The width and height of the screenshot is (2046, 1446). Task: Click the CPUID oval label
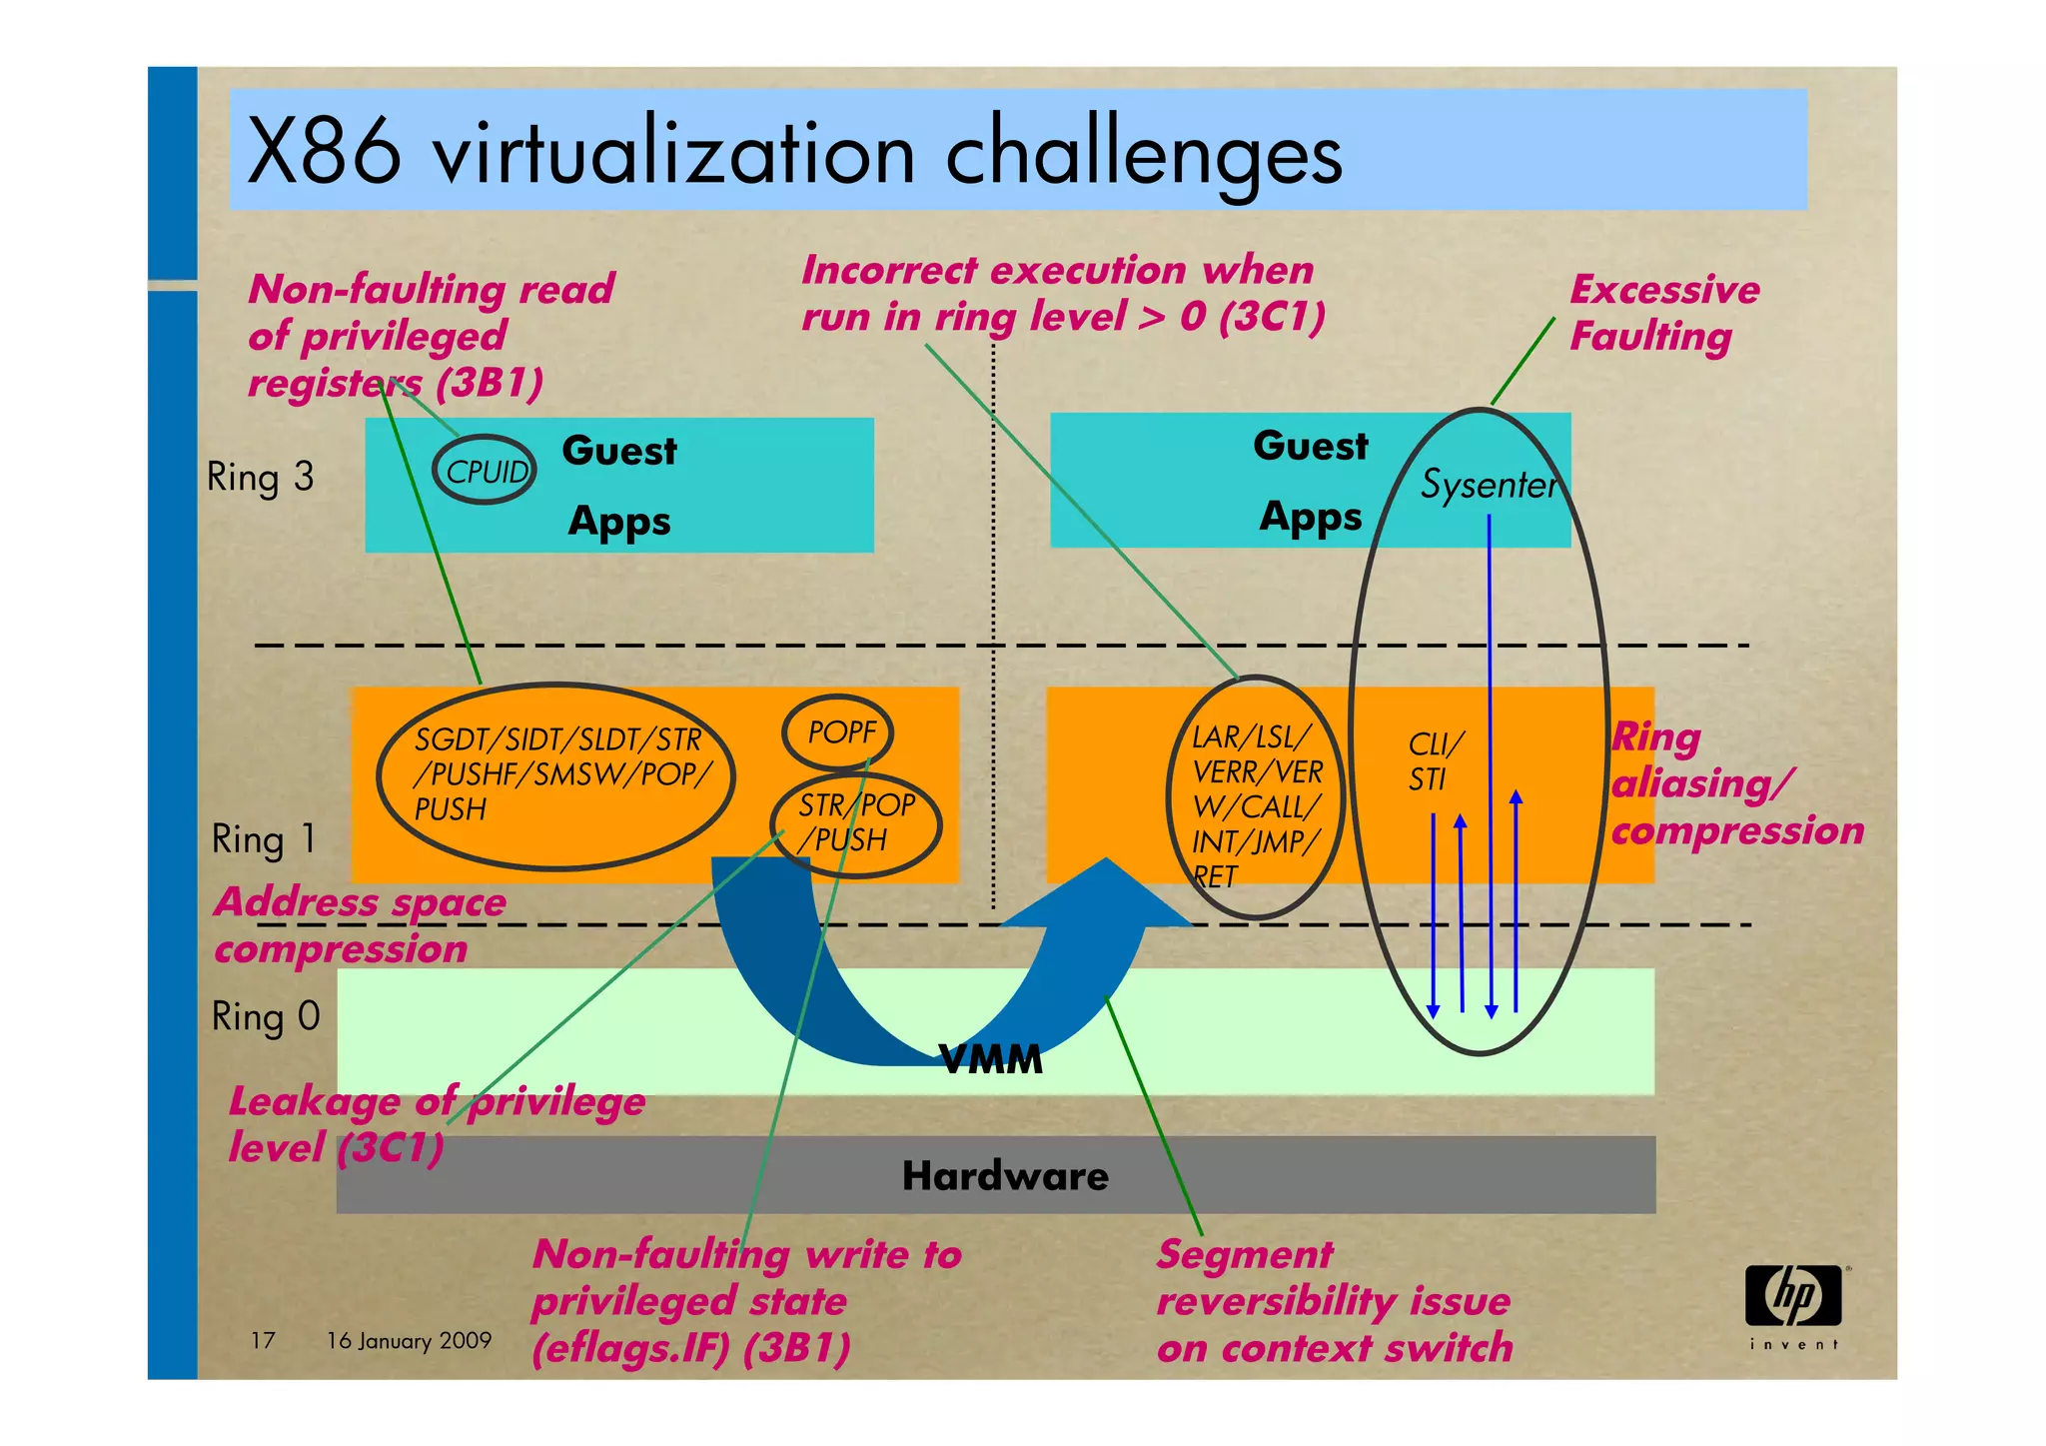[x=485, y=470]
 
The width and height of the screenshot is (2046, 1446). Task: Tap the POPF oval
[x=838, y=732]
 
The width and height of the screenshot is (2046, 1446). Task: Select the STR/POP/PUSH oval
[x=856, y=823]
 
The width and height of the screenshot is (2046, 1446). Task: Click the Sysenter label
[x=1488, y=485]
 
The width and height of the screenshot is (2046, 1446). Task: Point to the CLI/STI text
[x=1435, y=760]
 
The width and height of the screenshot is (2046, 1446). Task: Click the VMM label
[x=990, y=1059]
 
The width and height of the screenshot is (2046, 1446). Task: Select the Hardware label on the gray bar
[x=1004, y=1176]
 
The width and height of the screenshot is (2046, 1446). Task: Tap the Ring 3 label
[x=260, y=477]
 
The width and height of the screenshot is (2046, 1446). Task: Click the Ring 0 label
[x=265, y=1016]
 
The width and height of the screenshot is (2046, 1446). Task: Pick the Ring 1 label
[x=263, y=838]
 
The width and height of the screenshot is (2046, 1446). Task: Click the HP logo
[x=1793, y=1297]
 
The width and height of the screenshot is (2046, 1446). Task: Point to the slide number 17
[x=263, y=1340]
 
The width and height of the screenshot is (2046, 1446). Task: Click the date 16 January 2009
[x=409, y=1340]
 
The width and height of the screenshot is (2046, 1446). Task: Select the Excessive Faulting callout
[x=1663, y=313]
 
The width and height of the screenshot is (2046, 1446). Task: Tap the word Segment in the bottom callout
[x=1244, y=1254]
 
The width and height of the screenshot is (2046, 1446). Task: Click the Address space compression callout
[x=360, y=925]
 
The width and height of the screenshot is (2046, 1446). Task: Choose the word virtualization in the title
[x=673, y=155]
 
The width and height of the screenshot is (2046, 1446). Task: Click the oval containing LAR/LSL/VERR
[x=1255, y=797]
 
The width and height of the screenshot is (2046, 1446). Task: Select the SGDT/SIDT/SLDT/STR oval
[x=555, y=774]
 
